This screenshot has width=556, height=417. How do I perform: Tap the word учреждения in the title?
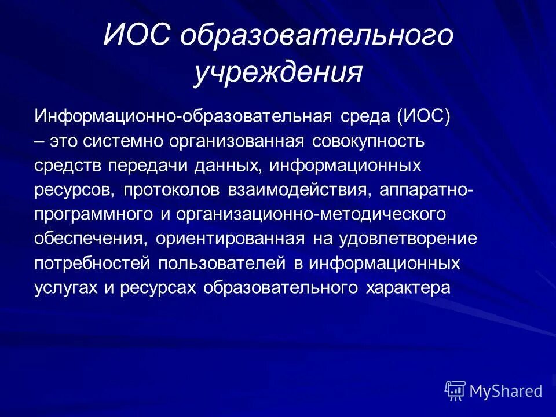point(278,74)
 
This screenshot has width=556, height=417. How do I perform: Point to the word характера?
point(407,288)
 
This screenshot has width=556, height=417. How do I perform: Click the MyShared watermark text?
point(506,391)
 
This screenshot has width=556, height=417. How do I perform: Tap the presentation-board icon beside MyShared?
point(455,391)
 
